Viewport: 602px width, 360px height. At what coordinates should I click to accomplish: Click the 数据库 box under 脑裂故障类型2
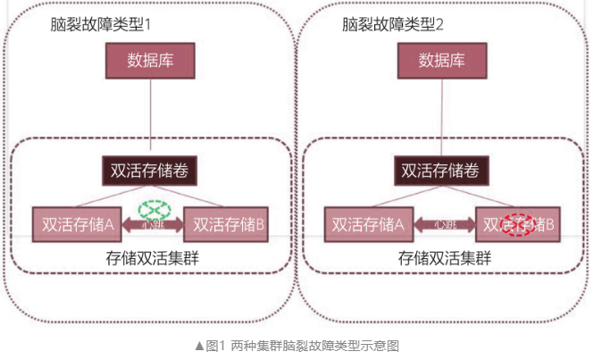click(442, 62)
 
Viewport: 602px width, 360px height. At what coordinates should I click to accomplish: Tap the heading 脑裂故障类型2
click(394, 23)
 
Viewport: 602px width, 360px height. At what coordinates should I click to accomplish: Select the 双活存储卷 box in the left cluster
click(150, 170)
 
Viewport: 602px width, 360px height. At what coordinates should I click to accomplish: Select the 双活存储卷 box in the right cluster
click(441, 170)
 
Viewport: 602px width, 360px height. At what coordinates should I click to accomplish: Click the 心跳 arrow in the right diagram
click(441, 226)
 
